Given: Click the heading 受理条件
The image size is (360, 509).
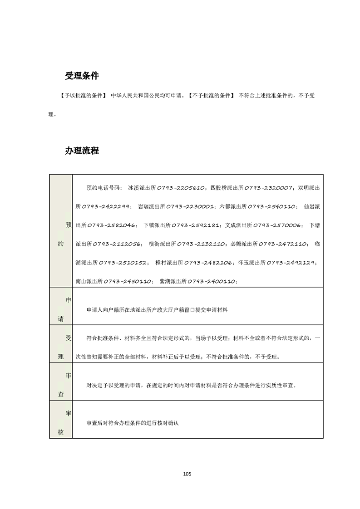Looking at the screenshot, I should pos(82,76).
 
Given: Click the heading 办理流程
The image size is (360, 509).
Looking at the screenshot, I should pos(82,151).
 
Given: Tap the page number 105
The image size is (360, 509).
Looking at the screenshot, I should pos(187,474).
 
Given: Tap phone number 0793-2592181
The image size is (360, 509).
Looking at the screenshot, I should pos(197,225).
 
